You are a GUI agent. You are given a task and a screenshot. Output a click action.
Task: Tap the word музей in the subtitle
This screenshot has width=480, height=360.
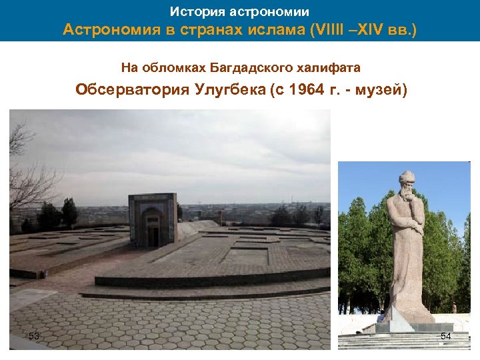(x=381, y=90)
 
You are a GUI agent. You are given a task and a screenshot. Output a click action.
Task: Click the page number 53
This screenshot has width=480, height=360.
(x=34, y=336)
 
